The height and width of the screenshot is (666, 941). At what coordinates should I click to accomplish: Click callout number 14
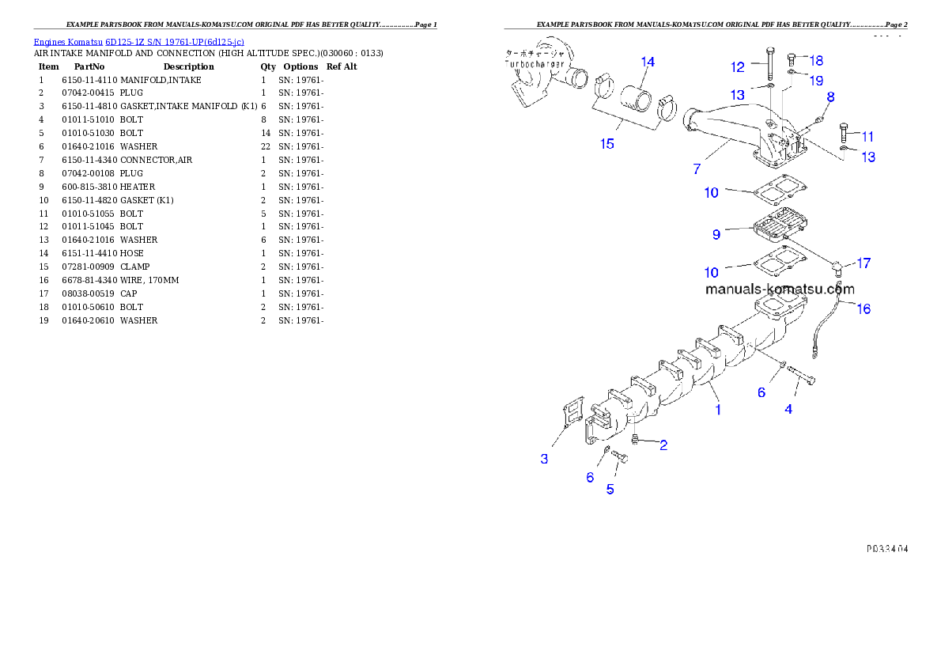[x=648, y=62]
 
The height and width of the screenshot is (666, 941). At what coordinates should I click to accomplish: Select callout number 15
[x=607, y=143]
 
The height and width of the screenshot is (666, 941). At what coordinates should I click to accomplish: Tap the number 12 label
[x=738, y=67]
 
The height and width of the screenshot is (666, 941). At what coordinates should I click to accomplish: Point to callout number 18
[x=816, y=60]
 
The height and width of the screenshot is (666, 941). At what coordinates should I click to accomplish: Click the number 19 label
[x=816, y=80]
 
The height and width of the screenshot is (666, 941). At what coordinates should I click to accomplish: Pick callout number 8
[x=830, y=97]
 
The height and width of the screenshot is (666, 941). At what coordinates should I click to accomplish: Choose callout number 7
[x=697, y=169]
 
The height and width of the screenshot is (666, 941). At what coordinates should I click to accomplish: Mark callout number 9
[x=716, y=234]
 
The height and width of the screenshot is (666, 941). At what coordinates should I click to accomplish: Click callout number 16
[x=864, y=308]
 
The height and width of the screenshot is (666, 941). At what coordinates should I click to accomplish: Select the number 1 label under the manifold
[x=718, y=410]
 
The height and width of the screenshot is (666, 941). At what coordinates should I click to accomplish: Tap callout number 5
[x=610, y=489]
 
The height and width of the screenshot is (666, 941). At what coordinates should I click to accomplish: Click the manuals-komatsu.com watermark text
[x=780, y=289]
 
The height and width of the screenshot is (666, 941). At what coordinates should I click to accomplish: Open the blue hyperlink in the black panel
[x=138, y=42]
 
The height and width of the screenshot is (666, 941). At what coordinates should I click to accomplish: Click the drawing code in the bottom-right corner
[x=886, y=547]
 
